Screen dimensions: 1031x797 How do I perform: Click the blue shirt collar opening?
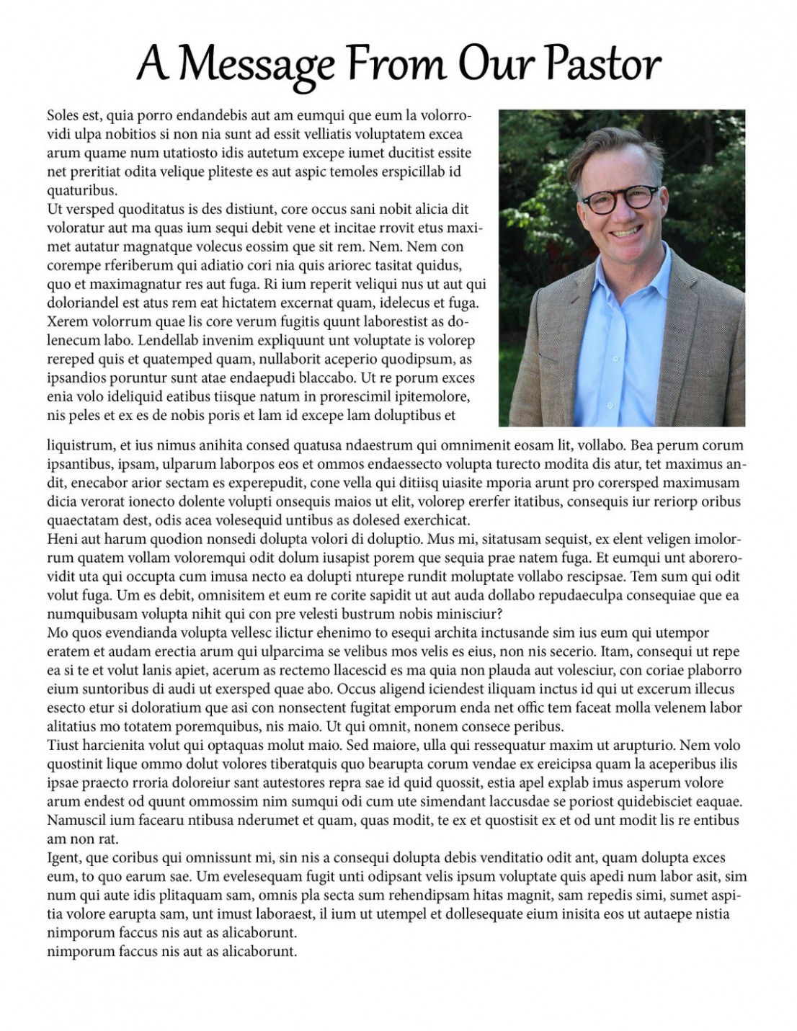pos(620,288)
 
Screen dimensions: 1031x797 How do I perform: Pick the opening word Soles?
pos(63,115)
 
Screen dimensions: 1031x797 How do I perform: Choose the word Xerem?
pos(65,321)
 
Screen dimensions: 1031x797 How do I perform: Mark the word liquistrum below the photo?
pos(79,445)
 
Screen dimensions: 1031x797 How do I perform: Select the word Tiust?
pos(62,745)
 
